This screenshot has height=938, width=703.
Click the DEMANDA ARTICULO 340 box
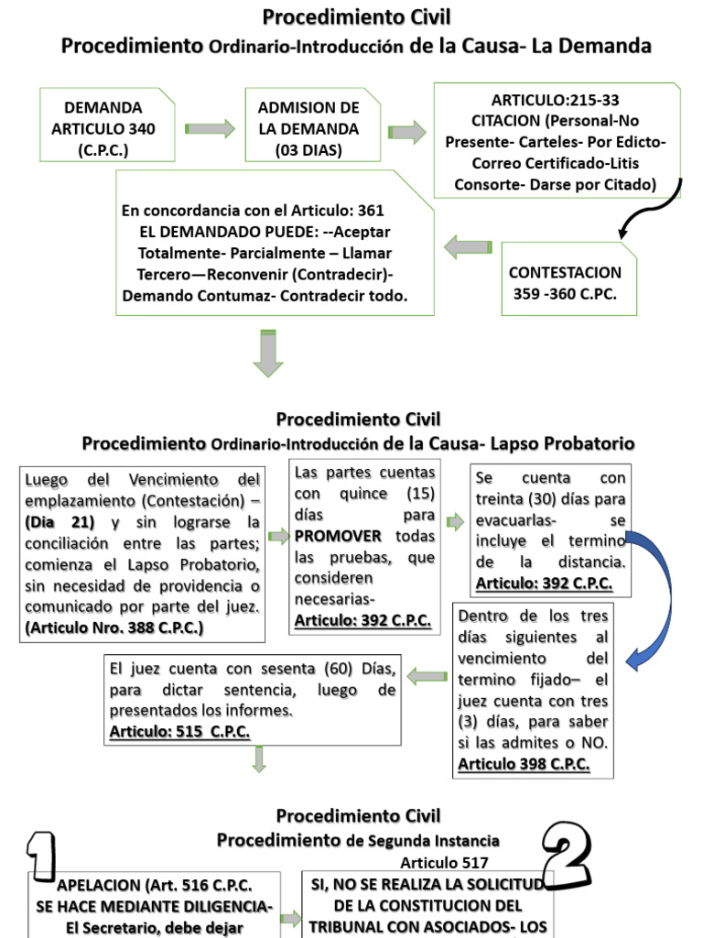tap(103, 129)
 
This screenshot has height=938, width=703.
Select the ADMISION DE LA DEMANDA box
tap(308, 129)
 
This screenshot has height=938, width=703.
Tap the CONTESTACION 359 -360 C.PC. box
tap(565, 283)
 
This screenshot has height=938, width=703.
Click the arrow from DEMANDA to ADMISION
tap(210, 129)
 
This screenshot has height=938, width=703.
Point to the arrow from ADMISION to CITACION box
tap(406, 132)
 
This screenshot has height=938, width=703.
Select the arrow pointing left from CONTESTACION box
tap(468, 246)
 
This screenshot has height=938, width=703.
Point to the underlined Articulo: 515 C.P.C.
tap(179, 731)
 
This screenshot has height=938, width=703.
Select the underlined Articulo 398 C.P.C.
tap(524, 764)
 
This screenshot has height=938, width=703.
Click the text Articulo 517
tap(444, 862)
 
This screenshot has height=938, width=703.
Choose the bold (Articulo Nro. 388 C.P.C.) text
tap(114, 627)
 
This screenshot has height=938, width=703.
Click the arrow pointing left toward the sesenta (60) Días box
tap(427, 677)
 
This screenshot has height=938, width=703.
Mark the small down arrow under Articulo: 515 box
tap(259, 758)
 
